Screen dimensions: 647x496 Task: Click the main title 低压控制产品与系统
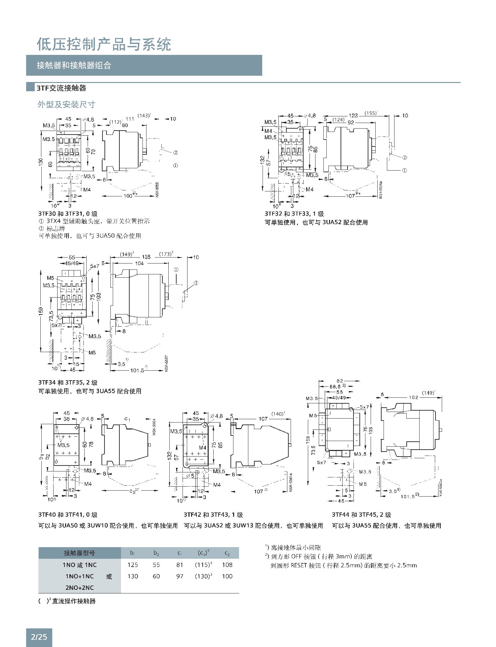pyautogui.click(x=104, y=45)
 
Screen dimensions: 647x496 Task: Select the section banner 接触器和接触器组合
pyautogui.click(x=74, y=65)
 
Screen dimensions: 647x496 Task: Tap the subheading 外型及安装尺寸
pyautogui.click(x=66, y=104)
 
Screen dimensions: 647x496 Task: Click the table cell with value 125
pyautogui.click(x=133, y=565)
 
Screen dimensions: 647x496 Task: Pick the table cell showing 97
pyautogui.click(x=180, y=576)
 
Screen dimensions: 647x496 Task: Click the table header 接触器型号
pyautogui.click(x=79, y=553)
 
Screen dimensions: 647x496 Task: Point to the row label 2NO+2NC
pyautogui.click(x=79, y=587)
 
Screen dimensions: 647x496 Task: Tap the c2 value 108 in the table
pyautogui.click(x=227, y=565)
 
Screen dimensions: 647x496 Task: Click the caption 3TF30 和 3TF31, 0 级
pyautogui.click(x=68, y=214)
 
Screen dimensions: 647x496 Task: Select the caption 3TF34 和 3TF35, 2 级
pyautogui.click(x=68, y=383)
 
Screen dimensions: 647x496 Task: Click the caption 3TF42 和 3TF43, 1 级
pyautogui.click(x=213, y=515)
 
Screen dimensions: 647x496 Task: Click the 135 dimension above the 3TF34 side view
pyautogui.click(x=146, y=257)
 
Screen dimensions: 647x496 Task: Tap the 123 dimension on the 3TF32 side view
pyautogui.click(x=353, y=115)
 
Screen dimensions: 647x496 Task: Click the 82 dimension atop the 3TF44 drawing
pyautogui.click(x=340, y=381)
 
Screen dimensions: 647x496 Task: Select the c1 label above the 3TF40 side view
pyautogui.click(x=127, y=419)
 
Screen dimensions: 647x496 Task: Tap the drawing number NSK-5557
pyautogui.click(x=167, y=363)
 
